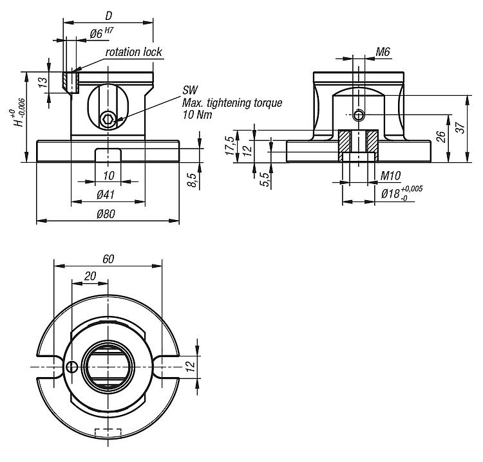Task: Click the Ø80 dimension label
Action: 106,214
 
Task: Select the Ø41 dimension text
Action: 106,194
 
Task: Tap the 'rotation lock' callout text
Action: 134,52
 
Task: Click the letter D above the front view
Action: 108,15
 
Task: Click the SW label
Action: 190,90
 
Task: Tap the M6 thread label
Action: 383,52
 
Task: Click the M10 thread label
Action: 390,176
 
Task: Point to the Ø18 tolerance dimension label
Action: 402,193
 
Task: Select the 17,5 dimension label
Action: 230,145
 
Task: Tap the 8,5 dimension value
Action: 192,180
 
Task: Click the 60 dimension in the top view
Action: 108,259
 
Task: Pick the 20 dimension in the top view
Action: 90,276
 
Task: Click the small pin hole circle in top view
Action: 71,367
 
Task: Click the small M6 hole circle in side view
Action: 358,115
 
